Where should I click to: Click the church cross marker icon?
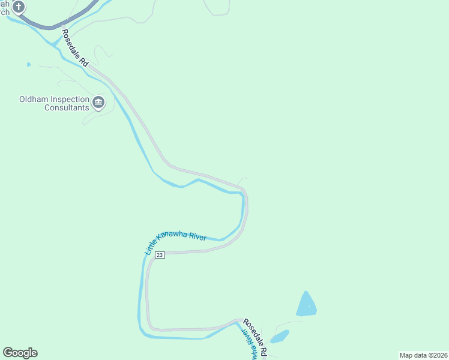[x=19, y=7]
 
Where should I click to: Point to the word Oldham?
[x=34, y=100]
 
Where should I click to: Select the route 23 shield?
[x=160, y=255]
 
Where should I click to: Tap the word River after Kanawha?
[x=198, y=237]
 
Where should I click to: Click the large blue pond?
[x=306, y=305]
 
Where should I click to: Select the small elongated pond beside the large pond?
[x=280, y=337]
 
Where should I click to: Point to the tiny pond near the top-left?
[x=28, y=64]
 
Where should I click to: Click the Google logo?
[x=20, y=353]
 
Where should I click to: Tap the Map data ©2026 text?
[x=423, y=355]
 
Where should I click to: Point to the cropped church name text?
[x=5, y=6]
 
